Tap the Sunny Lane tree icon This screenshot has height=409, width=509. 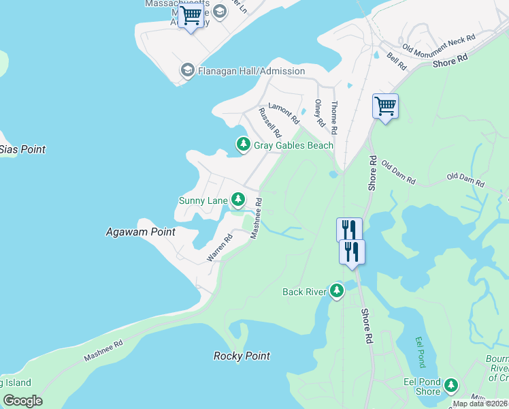pos(237,200)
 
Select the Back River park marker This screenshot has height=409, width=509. pos(337,292)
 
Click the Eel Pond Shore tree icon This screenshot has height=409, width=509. pos(450,387)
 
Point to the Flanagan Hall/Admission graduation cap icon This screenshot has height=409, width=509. pos(187,70)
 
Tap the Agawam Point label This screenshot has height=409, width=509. pos(141,232)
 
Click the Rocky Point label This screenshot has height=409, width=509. pos(242,356)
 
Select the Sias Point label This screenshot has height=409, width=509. pos(22,149)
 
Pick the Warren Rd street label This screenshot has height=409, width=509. pos(220,249)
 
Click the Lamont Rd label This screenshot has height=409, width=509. pos(284,112)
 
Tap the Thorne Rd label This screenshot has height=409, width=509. pos(333,117)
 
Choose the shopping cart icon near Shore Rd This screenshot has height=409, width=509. pos(385,106)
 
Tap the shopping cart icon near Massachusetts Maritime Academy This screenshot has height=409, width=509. pos(191,14)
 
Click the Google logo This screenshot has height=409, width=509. pos(22,401)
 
